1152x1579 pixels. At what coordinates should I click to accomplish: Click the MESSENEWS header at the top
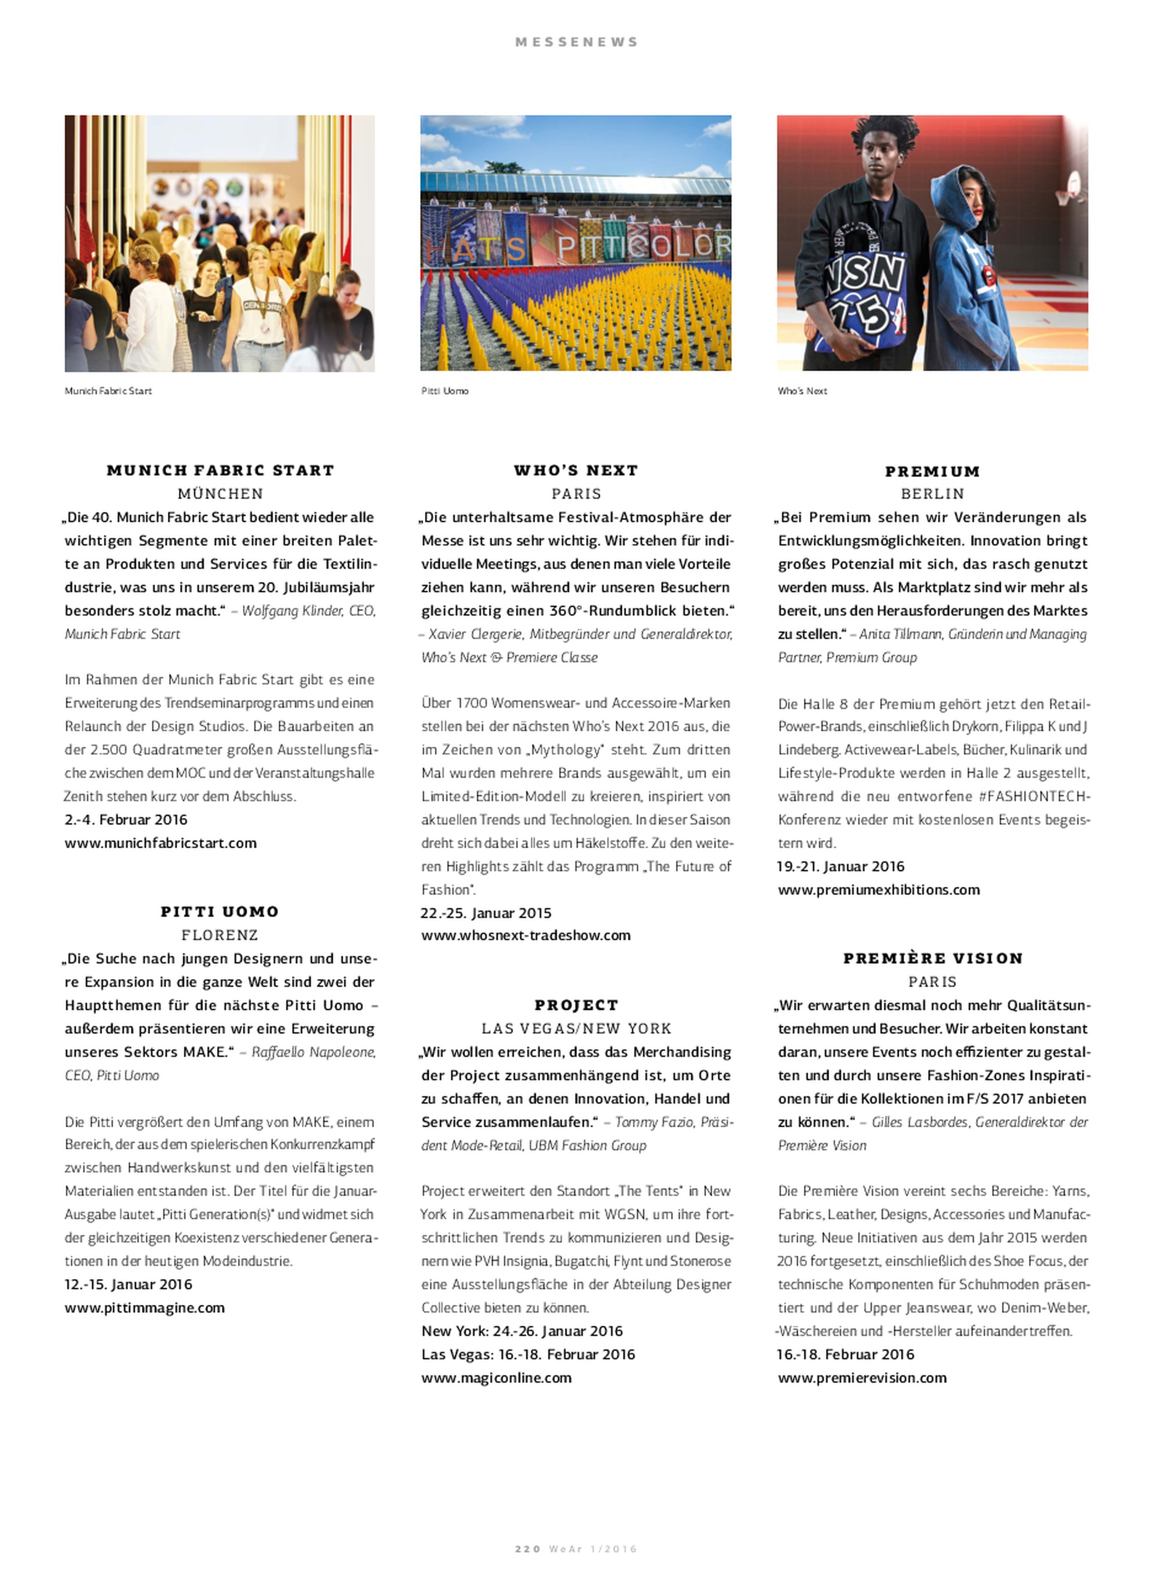(x=576, y=42)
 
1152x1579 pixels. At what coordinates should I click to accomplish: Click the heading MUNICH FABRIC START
(x=220, y=470)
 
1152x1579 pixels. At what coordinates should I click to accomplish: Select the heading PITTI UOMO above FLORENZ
(x=220, y=912)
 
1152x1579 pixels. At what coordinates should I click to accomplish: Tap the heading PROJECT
(x=576, y=1006)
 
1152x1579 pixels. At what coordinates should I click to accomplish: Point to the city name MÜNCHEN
(x=220, y=493)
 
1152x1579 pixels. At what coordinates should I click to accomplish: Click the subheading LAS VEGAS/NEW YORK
(x=576, y=1028)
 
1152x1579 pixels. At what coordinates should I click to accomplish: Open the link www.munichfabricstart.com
(x=161, y=843)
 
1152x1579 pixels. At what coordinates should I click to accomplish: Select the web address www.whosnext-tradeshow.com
(x=526, y=935)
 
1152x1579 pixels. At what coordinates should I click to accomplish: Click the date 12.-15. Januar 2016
(x=128, y=1284)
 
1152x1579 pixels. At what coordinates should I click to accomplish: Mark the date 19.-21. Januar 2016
(x=841, y=867)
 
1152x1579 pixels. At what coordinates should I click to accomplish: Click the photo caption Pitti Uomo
(x=445, y=391)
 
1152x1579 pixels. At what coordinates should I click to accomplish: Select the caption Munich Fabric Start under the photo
(x=108, y=391)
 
